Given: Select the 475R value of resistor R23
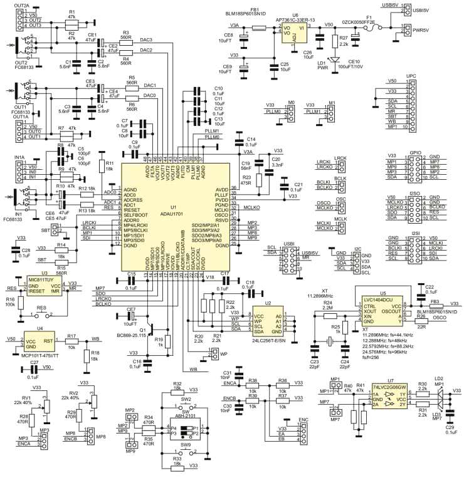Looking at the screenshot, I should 246,182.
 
